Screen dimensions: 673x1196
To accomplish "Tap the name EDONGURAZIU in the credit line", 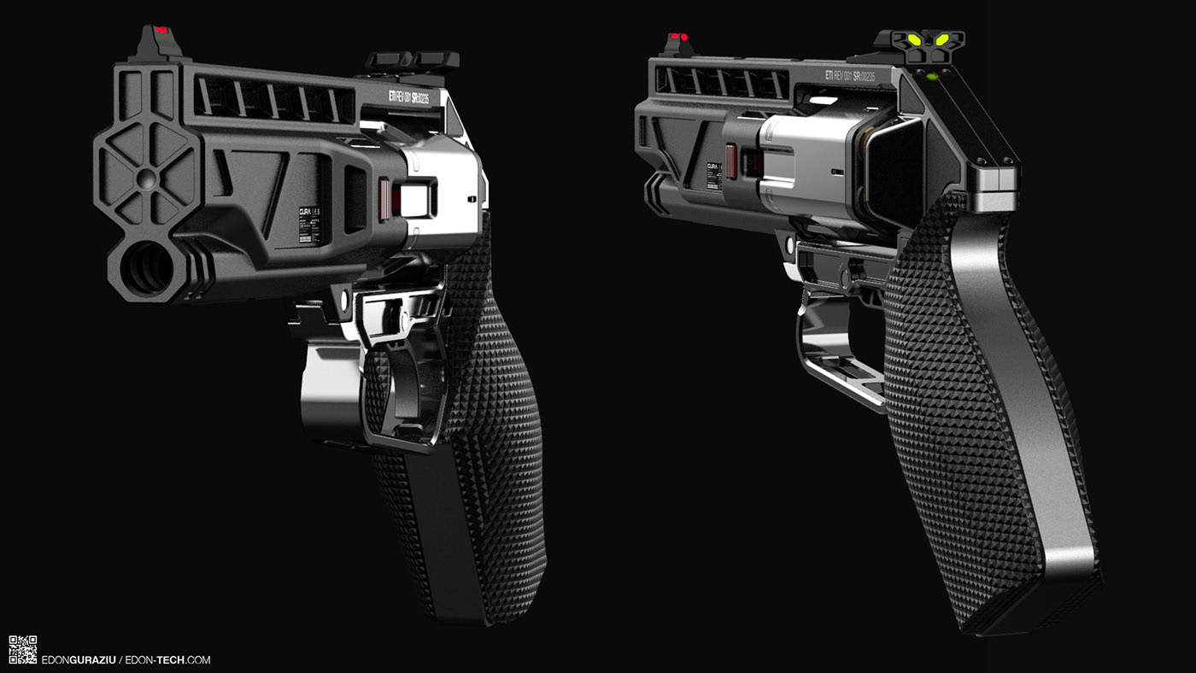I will [79, 660].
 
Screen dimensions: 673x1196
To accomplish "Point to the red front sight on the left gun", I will [161, 32].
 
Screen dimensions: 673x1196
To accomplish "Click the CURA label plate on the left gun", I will [308, 224].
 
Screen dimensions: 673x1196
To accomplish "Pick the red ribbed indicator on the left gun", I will [384, 198].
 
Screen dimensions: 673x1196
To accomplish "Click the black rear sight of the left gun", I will [413, 60].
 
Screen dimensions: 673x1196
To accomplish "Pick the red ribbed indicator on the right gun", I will [731, 160].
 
